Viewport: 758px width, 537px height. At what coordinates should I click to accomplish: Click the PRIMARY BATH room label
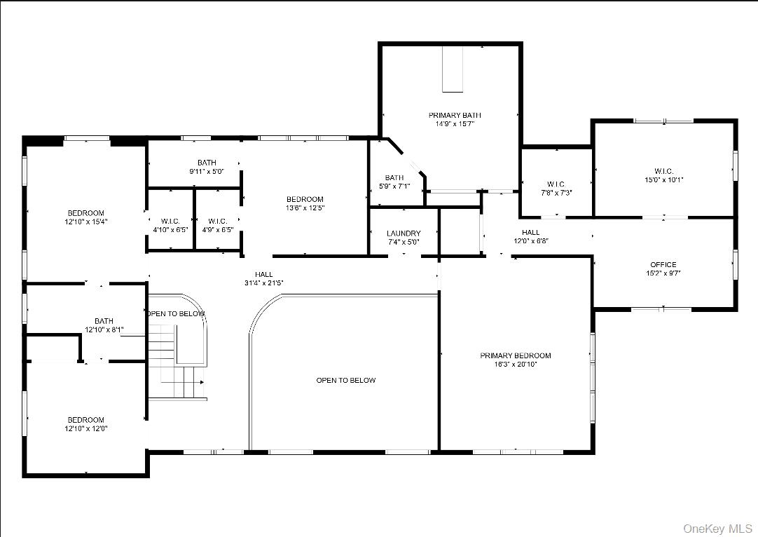pyautogui.click(x=455, y=115)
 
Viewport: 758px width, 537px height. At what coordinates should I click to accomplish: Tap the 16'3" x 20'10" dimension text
pyautogui.click(x=515, y=365)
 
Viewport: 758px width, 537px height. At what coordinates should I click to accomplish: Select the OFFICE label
pyautogui.click(x=663, y=264)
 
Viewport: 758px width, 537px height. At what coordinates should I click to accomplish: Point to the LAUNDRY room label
pyautogui.click(x=404, y=233)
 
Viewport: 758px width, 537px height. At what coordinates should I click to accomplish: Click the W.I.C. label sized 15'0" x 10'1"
pyautogui.click(x=663, y=171)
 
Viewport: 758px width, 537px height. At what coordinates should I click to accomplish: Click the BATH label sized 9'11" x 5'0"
pyautogui.click(x=207, y=163)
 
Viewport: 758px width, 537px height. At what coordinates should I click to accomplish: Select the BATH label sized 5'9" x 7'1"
pyautogui.click(x=394, y=177)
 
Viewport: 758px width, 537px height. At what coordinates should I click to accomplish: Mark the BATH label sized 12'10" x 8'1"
pyautogui.click(x=104, y=321)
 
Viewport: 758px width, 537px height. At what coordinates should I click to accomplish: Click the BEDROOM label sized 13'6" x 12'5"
pyautogui.click(x=305, y=199)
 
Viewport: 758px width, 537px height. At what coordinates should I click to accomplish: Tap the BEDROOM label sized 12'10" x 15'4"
pyautogui.click(x=85, y=213)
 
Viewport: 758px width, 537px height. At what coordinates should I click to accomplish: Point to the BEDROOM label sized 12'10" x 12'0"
pyautogui.click(x=85, y=420)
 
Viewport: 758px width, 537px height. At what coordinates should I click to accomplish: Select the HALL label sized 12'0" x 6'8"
pyautogui.click(x=530, y=232)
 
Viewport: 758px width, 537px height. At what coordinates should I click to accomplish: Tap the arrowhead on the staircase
pyautogui.click(x=202, y=383)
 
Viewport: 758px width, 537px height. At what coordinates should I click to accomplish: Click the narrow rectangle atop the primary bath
pyautogui.click(x=453, y=69)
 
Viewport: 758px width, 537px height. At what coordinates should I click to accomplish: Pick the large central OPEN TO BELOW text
pyautogui.click(x=345, y=380)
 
